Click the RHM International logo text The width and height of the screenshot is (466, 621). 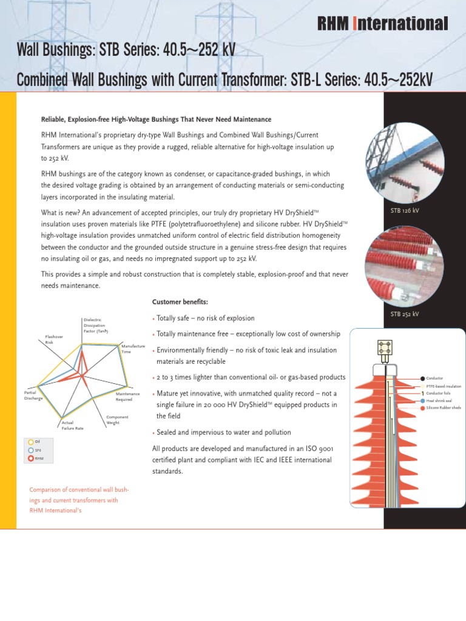pos(383,24)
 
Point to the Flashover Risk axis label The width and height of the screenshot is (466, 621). pos(53,340)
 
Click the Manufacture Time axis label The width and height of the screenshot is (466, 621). pos(133,349)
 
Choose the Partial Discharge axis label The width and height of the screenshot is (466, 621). pos(33,395)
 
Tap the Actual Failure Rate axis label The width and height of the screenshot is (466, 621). pos(72,425)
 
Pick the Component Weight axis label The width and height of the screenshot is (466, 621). pos(117,420)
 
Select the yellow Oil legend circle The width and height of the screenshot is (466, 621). pos(31,442)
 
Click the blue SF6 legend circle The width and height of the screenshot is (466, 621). pos(31,451)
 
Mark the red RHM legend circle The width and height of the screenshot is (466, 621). pos(31,459)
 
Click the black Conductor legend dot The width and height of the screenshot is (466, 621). pos(422,378)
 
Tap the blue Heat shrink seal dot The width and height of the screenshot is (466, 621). pos(422,401)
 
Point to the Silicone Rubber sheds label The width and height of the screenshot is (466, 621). pos(444,409)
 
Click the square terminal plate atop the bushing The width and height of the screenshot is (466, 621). pos(384,347)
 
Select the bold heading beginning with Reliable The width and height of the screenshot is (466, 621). pos(156,119)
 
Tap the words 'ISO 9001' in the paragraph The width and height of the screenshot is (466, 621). pos(319,449)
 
